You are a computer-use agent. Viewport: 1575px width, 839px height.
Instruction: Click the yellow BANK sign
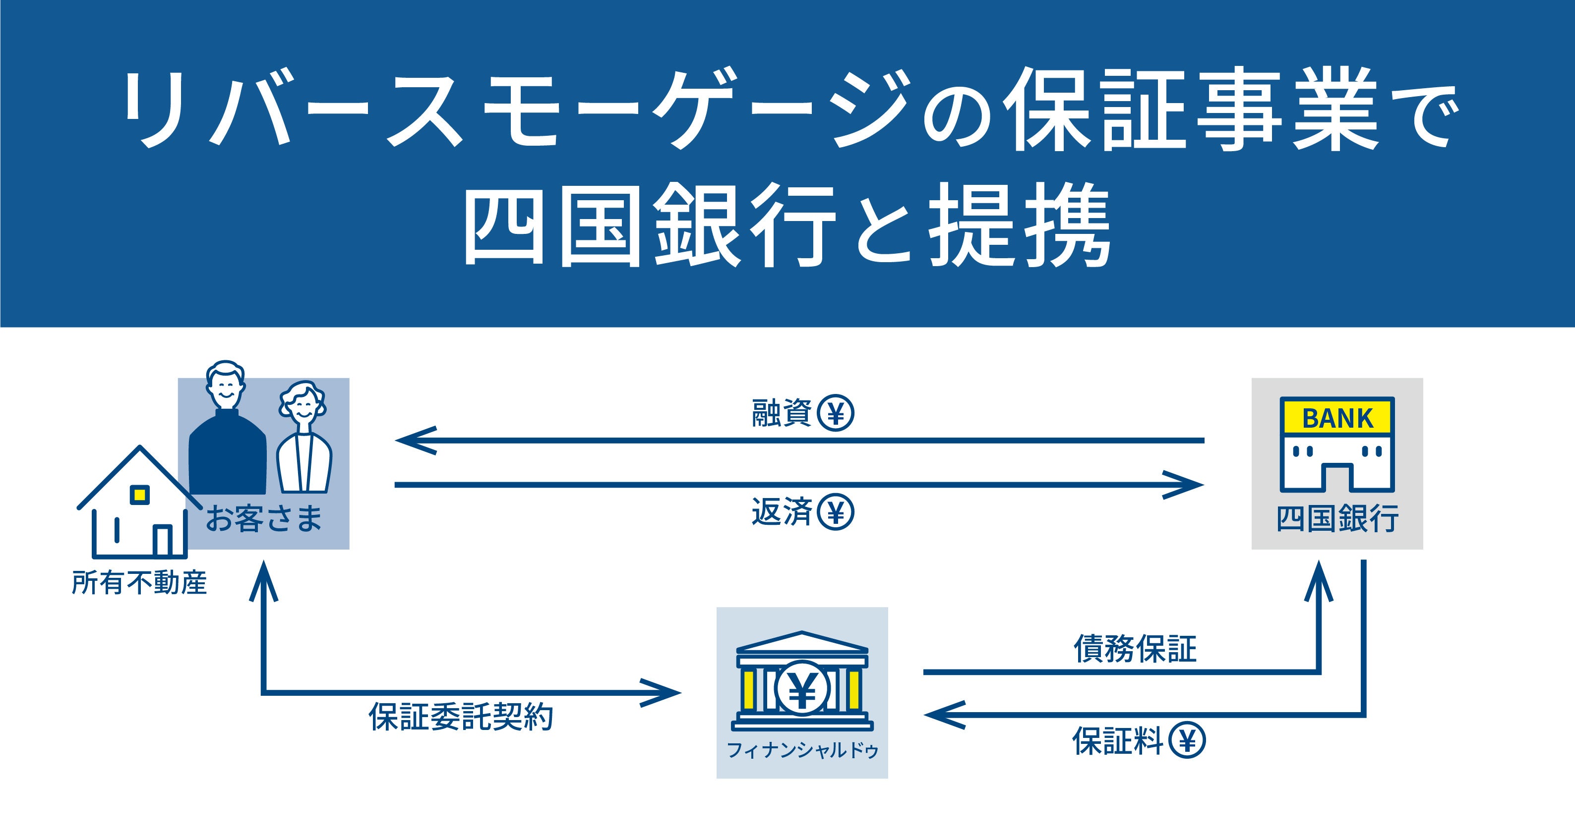(x=1337, y=418)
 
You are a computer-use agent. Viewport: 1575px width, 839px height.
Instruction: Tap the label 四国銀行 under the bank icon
(x=1337, y=519)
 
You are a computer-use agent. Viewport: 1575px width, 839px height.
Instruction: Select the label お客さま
(x=263, y=519)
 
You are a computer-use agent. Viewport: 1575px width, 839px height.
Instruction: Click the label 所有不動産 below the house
(x=139, y=582)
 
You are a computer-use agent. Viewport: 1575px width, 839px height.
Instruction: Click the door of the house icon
(x=162, y=540)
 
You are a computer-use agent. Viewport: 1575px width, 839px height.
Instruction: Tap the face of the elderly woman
(x=304, y=406)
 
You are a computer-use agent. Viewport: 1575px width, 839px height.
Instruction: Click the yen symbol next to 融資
(x=835, y=414)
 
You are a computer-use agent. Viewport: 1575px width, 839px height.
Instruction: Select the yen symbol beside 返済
(x=835, y=512)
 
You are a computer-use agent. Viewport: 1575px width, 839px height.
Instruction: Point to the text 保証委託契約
(x=461, y=717)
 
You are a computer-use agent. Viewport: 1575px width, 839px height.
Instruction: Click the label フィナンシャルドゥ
(x=802, y=750)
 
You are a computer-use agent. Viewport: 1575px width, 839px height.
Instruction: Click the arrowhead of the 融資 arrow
(x=410, y=440)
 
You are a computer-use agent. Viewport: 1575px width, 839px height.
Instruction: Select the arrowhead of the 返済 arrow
(x=1189, y=485)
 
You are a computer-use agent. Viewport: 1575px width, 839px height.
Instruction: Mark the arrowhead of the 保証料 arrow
(x=939, y=714)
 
